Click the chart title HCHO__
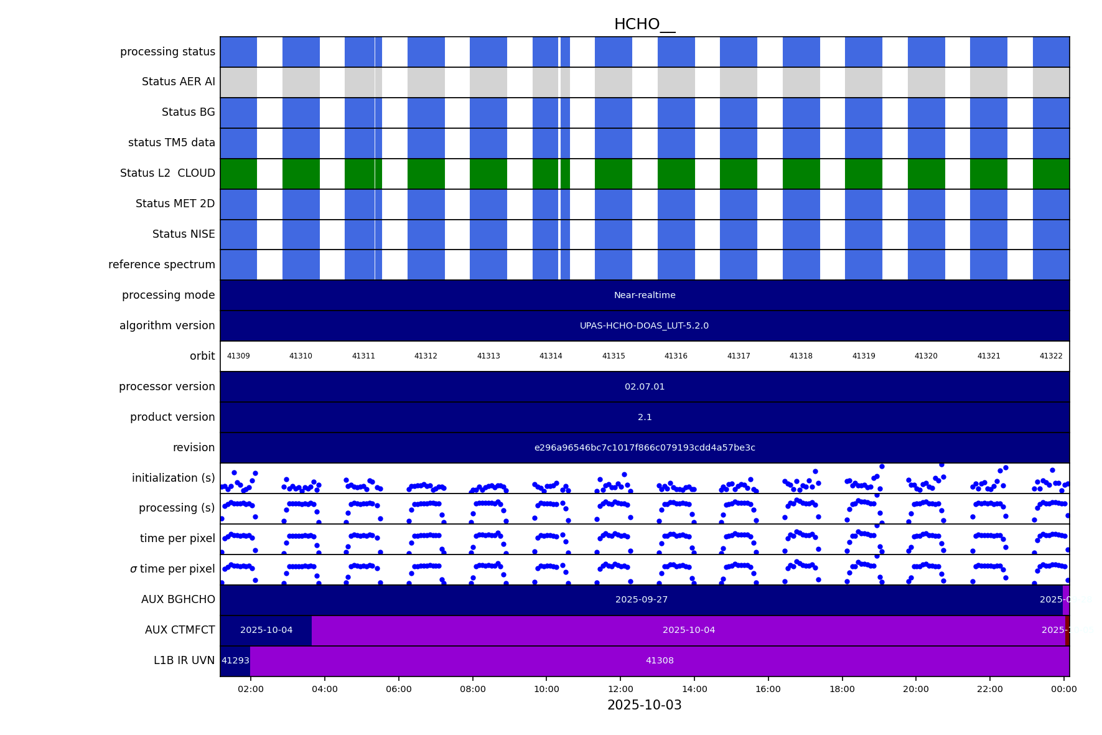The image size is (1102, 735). (x=644, y=24)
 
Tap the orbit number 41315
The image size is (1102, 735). (x=613, y=356)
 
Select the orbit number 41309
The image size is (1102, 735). (x=238, y=356)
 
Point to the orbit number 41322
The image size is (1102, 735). (x=1051, y=356)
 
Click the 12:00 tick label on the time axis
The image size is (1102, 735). (x=620, y=689)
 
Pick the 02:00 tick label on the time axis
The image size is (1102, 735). (x=251, y=689)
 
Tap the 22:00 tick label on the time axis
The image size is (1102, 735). (x=990, y=689)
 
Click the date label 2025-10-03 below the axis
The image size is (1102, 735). (x=644, y=705)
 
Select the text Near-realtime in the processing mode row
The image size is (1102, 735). (x=645, y=295)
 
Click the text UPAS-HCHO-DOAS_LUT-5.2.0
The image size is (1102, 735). (x=644, y=325)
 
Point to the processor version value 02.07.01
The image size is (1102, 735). (x=645, y=386)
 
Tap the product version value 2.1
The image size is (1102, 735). (x=645, y=417)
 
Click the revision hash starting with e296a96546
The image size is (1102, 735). (x=645, y=447)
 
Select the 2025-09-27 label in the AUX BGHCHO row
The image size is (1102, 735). (x=641, y=599)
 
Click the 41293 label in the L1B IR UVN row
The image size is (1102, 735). (x=235, y=660)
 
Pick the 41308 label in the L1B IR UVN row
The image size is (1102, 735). (x=660, y=660)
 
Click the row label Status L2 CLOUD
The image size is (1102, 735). (x=167, y=173)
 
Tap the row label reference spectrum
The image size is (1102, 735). (x=162, y=265)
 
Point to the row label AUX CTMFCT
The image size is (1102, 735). (x=180, y=630)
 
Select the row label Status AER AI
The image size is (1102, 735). (x=178, y=82)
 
